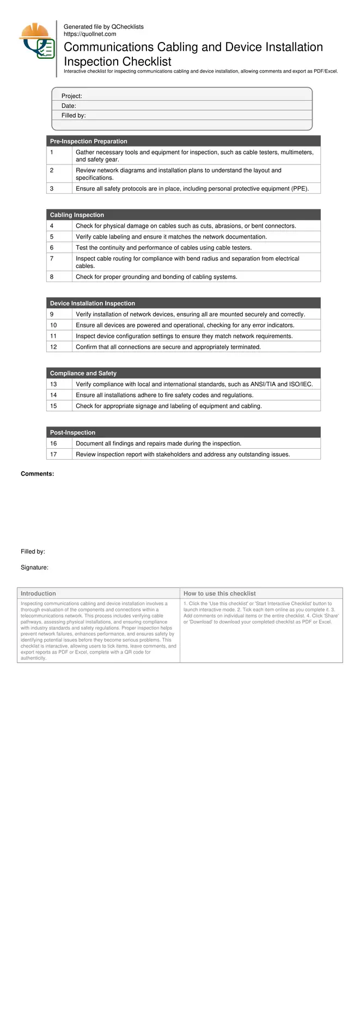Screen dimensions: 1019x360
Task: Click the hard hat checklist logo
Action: click(37, 41)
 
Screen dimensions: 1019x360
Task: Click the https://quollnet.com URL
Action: click(90, 34)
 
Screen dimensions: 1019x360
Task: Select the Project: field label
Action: click(71, 96)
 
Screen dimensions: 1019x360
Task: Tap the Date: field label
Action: click(69, 106)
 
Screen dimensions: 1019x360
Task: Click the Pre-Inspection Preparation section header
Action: click(88, 141)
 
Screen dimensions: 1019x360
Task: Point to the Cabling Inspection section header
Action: click(77, 215)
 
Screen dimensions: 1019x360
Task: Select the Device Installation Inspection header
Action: click(92, 303)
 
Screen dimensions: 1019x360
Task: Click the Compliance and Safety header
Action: click(83, 373)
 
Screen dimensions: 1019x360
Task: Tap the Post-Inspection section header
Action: click(72, 432)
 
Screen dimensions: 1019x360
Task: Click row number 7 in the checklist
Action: click(52, 259)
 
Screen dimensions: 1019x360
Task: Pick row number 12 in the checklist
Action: click(53, 347)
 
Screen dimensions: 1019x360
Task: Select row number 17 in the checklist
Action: click(53, 454)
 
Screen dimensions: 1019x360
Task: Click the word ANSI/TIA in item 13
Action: click(263, 385)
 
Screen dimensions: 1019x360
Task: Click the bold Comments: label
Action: click(37, 474)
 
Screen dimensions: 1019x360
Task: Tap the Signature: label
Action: click(34, 568)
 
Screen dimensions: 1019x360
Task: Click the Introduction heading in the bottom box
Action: click(38, 594)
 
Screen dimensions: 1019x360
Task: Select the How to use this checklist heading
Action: click(219, 594)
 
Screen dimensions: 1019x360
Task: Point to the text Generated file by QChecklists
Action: click(103, 27)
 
